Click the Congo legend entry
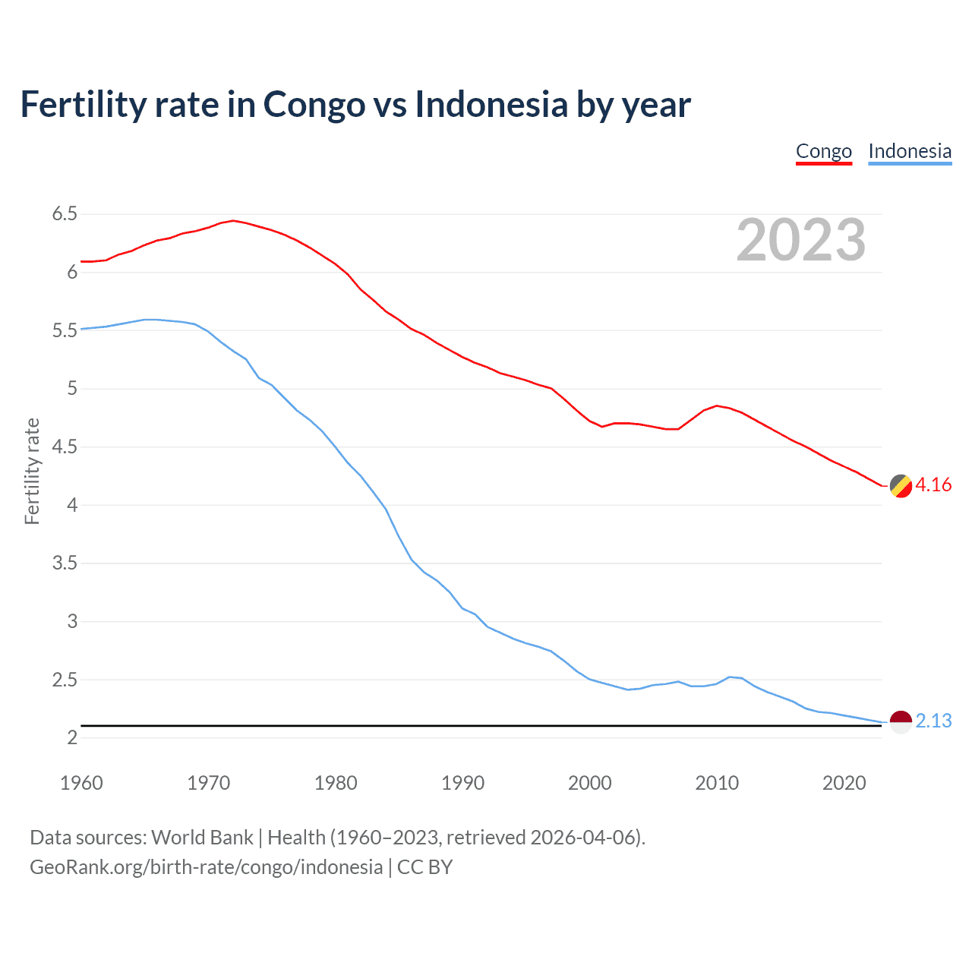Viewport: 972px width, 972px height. tap(824, 152)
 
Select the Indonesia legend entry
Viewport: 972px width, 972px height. tap(910, 152)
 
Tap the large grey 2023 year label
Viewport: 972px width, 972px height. tap(801, 240)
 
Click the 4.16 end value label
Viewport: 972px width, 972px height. tap(933, 485)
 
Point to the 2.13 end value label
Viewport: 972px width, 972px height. tap(933, 721)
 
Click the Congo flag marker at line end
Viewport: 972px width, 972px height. tap(901, 486)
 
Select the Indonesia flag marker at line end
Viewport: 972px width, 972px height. tap(901, 722)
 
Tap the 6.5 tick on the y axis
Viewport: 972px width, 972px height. tap(65, 214)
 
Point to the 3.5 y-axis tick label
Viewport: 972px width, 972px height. tap(65, 563)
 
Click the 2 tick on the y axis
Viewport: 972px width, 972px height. tap(72, 738)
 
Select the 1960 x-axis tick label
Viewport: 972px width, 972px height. tap(81, 783)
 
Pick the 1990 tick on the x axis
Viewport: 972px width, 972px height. tap(462, 783)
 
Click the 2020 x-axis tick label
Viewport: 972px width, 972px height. tap(844, 783)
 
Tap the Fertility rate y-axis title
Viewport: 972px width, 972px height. tap(32, 471)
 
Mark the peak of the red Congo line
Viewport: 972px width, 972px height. tap(233, 221)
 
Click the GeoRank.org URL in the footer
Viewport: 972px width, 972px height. tap(206, 867)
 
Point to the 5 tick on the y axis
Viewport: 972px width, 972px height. tap(72, 389)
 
